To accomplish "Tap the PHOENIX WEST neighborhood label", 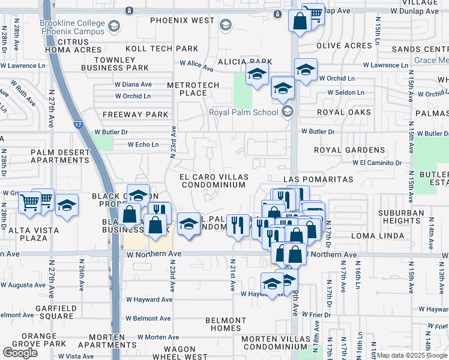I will click(182, 20).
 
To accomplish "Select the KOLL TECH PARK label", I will click(161, 49).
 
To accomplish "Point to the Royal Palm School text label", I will click(244, 112).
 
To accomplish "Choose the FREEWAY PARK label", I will click(135, 115).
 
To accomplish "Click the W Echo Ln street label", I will click(143, 145).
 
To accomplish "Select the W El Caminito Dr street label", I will click(377, 163).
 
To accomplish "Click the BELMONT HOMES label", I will click(226, 324).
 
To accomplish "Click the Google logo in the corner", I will click(20, 353).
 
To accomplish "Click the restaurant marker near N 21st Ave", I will click(238, 226).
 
